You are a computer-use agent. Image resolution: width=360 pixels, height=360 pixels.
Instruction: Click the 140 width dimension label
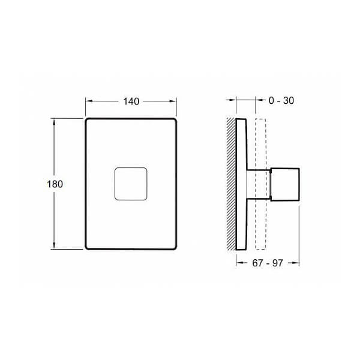pyautogui.click(x=131, y=101)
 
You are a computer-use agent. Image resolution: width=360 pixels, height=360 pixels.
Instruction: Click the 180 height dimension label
pyautogui.click(x=55, y=184)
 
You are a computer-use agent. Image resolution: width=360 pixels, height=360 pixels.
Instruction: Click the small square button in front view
pyautogui.click(x=130, y=184)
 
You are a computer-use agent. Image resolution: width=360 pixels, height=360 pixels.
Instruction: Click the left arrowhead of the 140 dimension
pyautogui.click(x=88, y=101)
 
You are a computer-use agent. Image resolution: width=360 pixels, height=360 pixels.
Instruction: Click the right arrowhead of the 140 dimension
pyautogui.click(x=175, y=101)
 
